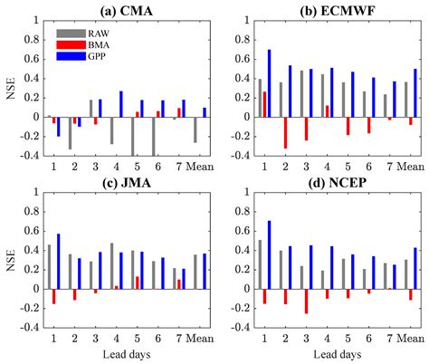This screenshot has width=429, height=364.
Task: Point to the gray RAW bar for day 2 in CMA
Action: tap(70, 133)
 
